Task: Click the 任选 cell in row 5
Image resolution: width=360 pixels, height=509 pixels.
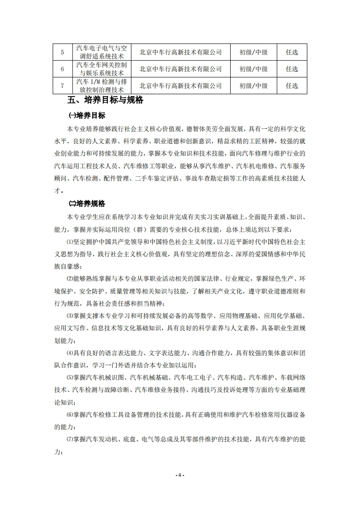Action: click(292, 52)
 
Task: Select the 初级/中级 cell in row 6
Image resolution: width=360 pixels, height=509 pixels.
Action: click(253, 69)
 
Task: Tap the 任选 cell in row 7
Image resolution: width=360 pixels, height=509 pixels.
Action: click(292, 85)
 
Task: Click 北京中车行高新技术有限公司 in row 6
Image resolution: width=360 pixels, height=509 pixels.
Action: click(180, 69)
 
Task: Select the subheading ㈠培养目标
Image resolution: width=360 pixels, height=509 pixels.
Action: click(86, 116)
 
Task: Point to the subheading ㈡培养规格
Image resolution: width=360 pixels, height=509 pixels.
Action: click(86, 203)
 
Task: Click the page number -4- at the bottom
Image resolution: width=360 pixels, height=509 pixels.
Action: click(180, 475)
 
